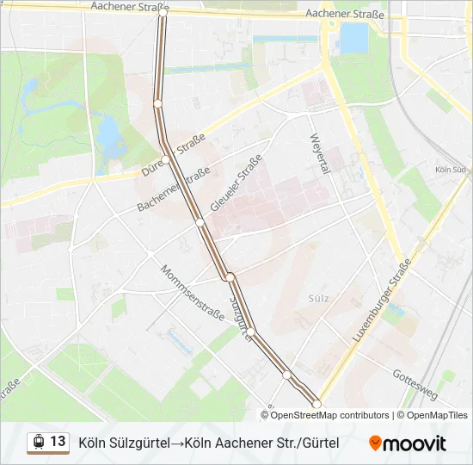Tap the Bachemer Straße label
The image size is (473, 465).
174,189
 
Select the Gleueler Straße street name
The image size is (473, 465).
235,183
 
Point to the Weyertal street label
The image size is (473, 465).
319,153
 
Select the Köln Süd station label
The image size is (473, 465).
451,170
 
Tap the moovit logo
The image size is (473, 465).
408,443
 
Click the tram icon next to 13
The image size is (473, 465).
38,443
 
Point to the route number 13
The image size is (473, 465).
58,442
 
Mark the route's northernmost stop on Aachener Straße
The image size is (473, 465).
163,13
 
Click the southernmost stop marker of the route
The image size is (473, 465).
316,404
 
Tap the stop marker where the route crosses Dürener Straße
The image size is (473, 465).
166,158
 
